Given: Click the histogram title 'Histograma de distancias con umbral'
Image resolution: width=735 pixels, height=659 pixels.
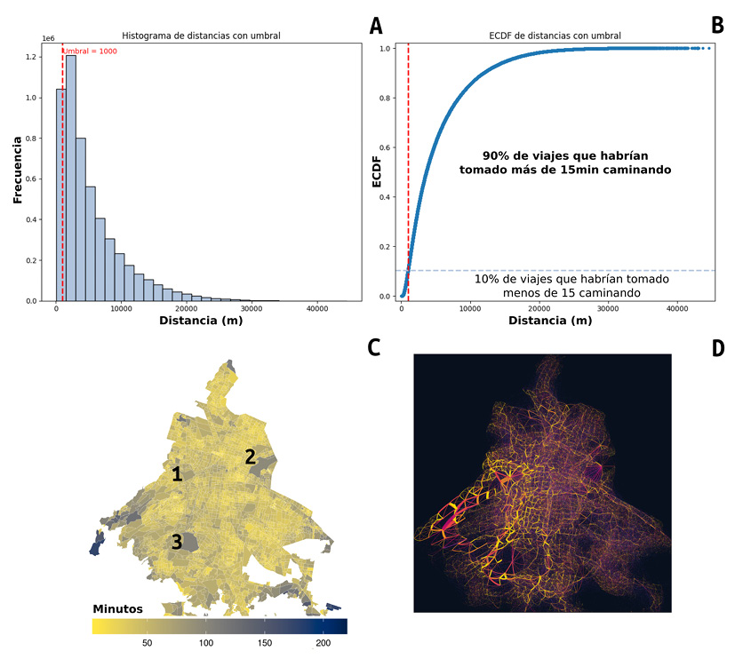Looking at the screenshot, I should [209, 36].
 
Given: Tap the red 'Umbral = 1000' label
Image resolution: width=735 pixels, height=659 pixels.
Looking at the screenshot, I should [91, 52].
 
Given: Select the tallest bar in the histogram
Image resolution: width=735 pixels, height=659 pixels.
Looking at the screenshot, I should [71, 178].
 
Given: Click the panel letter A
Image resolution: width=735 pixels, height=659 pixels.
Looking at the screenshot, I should [377, 26].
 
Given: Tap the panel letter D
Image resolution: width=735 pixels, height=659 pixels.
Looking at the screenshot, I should [718, 348].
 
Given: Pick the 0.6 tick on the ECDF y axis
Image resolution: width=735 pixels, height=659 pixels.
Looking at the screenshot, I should [386, 147].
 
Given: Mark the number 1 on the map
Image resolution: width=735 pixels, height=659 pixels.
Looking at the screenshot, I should [177, 474].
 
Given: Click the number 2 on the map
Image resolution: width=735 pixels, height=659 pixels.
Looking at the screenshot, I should [251, 457].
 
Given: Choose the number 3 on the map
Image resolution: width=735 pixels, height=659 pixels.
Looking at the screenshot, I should [177, 542].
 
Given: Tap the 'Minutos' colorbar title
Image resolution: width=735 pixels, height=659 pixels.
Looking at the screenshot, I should [118, 608].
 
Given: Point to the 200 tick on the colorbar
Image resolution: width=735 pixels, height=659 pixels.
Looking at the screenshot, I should [322, 642].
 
